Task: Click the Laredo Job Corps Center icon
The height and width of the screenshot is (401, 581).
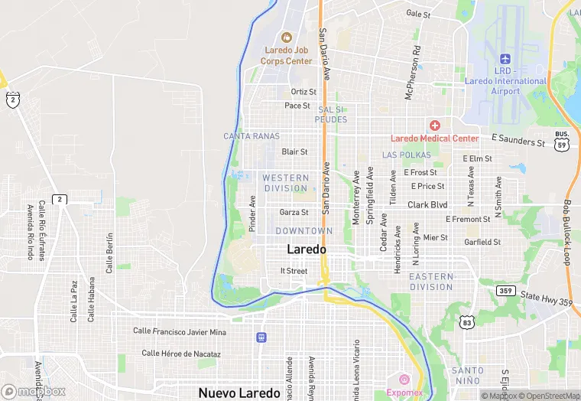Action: tap(287, 37)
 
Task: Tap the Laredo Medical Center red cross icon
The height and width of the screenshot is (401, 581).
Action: tap(435, 125)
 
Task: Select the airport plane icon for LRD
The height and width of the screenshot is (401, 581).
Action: tap(505, 59)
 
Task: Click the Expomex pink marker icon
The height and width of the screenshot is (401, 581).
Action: tap(404, 379)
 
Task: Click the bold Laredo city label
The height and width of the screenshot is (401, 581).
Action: tap(306, 249)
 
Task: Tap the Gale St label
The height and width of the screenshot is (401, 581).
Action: tap(418, 14)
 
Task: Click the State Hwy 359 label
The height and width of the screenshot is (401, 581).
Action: tap(546, 298)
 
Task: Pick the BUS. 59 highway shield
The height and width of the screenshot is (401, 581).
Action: tap(562, 139)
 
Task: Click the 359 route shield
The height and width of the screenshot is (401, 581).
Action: tap(505, 291)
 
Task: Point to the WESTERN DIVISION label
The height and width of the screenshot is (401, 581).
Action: tap(285, 183)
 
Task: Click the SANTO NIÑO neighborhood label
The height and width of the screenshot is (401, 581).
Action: tap(467, 375)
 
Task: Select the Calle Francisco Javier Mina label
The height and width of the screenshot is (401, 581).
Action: tap(180, 331)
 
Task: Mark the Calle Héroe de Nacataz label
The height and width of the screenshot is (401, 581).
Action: tap(180, 354)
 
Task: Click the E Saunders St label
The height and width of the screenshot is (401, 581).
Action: tap(518, 139)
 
